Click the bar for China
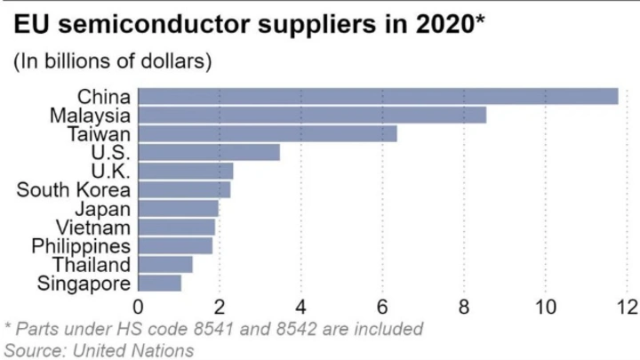[379, 96]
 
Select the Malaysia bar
[313, 115]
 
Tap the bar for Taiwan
[268, 133]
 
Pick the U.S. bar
[210, 152]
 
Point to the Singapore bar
[160, 283]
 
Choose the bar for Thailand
[165, 264]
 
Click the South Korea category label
[74, 189]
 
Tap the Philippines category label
[81, 245]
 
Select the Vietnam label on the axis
[100, 227]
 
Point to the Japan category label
[104, 208]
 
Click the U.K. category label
[111, 171]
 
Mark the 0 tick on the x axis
[140, 307]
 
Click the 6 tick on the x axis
[383, 307]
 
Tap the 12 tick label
[626, 307]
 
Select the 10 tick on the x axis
[545, 307]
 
